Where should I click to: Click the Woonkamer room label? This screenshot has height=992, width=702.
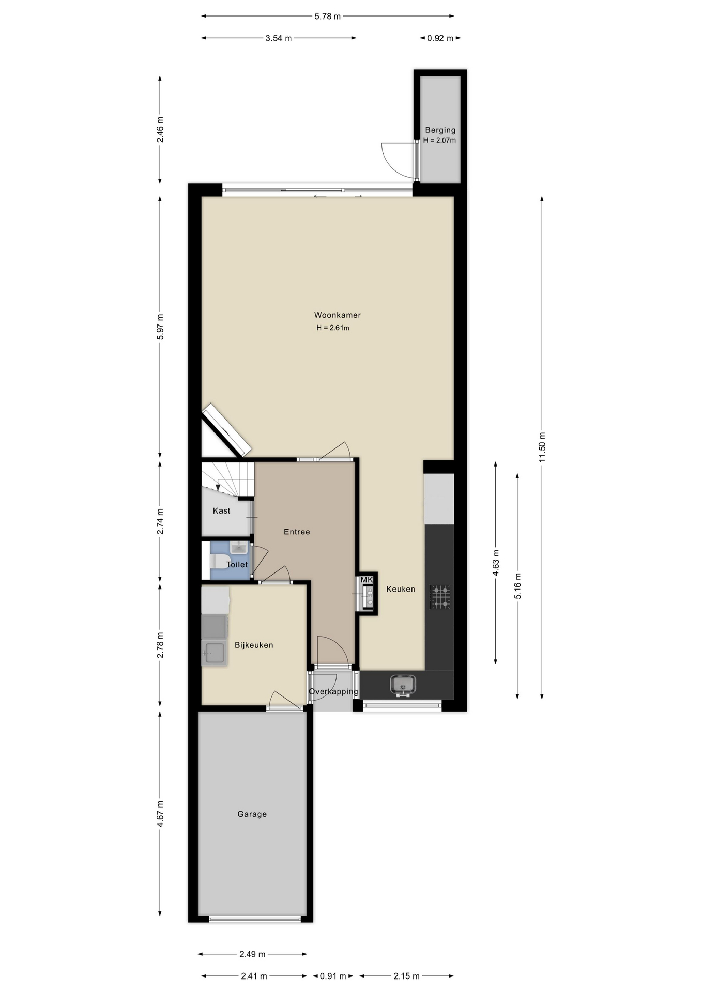338,315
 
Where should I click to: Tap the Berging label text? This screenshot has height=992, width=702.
440,130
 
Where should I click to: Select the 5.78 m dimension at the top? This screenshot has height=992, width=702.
328,17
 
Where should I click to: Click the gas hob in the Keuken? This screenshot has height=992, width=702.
440,597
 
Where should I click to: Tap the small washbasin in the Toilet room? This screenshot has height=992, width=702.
239,547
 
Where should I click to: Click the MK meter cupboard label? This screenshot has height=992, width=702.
367,580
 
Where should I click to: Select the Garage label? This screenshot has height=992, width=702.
252,814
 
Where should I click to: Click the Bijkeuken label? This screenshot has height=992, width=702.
254,645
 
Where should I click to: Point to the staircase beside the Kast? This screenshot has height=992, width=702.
228,479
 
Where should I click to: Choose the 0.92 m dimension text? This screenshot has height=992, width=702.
440,38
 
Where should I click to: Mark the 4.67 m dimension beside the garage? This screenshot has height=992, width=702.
160,814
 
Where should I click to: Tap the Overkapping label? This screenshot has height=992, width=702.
333,692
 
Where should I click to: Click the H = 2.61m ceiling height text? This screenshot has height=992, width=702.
333,328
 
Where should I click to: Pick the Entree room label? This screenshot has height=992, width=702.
297,532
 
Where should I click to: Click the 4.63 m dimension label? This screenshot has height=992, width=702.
496,563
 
